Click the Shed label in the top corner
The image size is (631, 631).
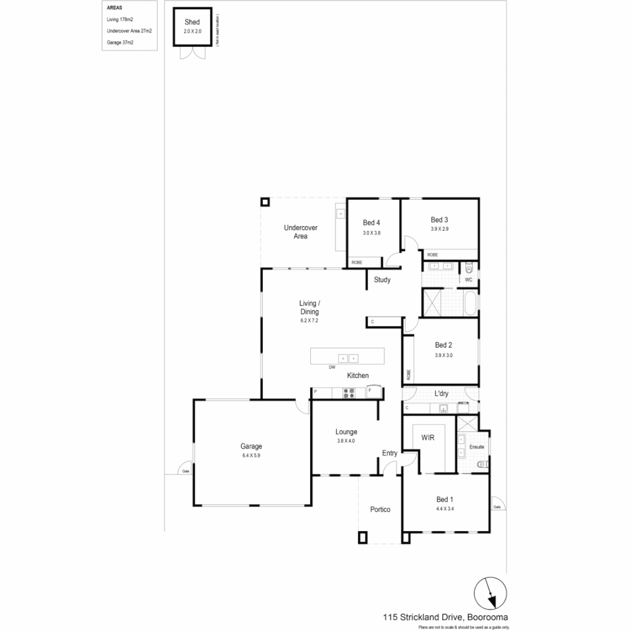(192, 22)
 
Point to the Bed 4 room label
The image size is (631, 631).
(371, 223)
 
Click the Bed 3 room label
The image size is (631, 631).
(439, 220)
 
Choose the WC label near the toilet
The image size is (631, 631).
(468, 280)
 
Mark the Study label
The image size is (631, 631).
(382, 280)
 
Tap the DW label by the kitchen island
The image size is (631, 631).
(332, 367)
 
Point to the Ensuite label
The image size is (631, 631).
(477, 447)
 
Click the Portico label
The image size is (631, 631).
(380, 509)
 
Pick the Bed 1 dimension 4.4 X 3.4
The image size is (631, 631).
(445, 509)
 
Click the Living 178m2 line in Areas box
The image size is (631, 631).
(120, 19)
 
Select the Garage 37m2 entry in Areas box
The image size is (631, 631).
(120, 42)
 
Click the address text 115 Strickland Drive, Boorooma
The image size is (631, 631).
(445, 616)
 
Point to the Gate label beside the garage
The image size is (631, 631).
(186, 470)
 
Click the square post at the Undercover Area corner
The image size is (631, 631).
(265, 202)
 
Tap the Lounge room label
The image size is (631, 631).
(346, 432)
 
